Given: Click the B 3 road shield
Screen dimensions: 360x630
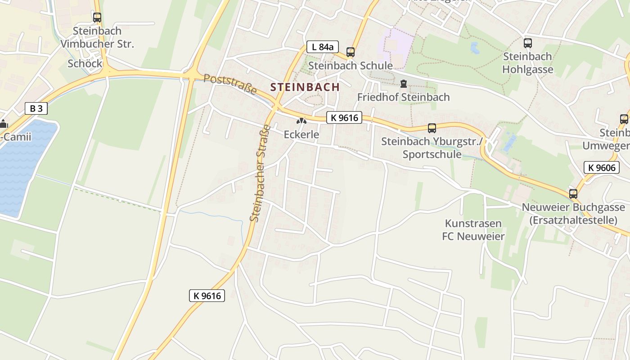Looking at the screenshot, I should pyautogui.click(x=36, y=108).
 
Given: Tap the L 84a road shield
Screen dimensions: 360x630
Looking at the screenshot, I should pyautogui.click(x=322, y=47).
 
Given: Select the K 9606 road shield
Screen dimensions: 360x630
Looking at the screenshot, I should pyautogui.click(x=602, y=167).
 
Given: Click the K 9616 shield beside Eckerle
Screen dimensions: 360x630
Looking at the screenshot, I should pyautogui.click(x=344, y=118).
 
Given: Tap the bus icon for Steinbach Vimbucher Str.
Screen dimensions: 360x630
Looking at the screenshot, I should pyautogui.click(x=97, y=18).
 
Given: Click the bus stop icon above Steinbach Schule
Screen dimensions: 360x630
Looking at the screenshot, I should pyautogui.click(x=351, y=52).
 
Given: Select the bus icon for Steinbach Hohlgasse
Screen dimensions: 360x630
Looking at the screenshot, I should pyautogui.click(x=528, y=43).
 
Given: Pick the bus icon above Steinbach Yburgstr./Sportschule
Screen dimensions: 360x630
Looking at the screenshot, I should pyautogui.click(x=432, y=128).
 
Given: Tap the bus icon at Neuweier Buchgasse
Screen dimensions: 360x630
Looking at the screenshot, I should pyautogui.click(x=573, y=194).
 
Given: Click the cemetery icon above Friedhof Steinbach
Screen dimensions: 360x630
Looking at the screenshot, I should pyautogui.click(x=403, y=84).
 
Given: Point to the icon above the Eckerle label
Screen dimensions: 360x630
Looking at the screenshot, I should pyautogui.click(x=301, y=121).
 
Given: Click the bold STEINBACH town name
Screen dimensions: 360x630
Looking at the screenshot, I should pyautogui.click(x=305, y=87).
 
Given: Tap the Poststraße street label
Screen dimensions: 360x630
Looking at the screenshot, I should pyautogui.click(x=230, y=84).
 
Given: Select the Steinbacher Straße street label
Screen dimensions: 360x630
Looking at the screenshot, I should pyautogui.click(x=261, y=173).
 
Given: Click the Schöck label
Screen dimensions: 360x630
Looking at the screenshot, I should pyautogui.click(x=85, y=63).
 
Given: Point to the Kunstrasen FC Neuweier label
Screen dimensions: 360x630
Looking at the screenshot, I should pyautogui.click(x=473, y=229).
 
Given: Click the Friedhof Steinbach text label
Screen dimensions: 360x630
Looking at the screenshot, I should pyautogui.click(x=403, y=97).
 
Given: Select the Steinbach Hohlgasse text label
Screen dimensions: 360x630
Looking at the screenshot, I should pyautogui.click(x=527, y=63).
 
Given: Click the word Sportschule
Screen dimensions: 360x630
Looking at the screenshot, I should pyautogui.click(x=432, y=154).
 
